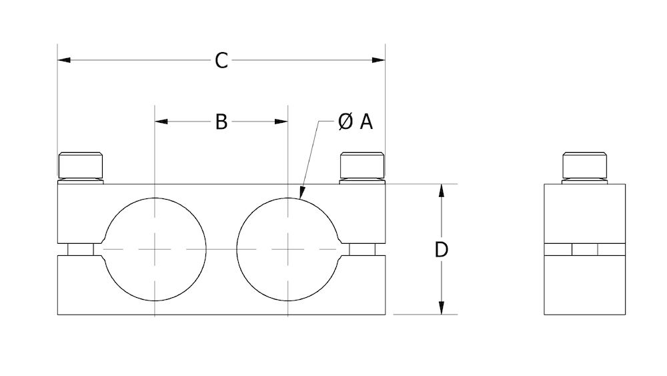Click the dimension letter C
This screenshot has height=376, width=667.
pyautogui.click(x=221, y=61)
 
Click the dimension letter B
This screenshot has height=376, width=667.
pyautogui.click(x=221, y=122)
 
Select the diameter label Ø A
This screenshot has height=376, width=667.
pyautogui.click(x=355, y=122)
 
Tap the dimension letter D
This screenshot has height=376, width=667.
pyautogui.click(x=441, y=250)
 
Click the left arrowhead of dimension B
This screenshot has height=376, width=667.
pyautogui.click(x=161, y=122)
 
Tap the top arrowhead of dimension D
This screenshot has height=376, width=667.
pyautogui.click(x=441, y=190)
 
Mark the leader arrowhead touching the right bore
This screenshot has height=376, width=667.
pyautogui.click(x=301, y=194)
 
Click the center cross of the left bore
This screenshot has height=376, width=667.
pyautogui.click(x=155, y=250)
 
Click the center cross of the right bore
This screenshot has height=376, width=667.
pyautogui.click(x=287, y=250)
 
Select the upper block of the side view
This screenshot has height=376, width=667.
pyautogui.click(x=585, y=214)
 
